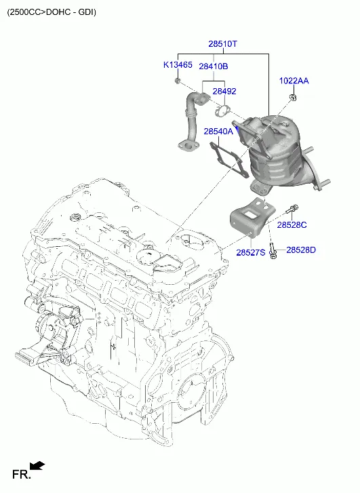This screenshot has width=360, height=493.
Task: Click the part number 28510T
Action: pos(222,43)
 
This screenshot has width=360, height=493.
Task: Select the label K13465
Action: pos(178,65)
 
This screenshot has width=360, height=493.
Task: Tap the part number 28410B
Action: pos(214,66)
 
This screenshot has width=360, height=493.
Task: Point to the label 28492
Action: pos(224,91)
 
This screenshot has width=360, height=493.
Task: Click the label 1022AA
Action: pos(294,81)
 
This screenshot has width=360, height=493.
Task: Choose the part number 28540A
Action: pos(218,131)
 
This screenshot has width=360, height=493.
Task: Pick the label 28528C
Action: pos(292,225)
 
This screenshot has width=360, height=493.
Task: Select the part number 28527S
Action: pos(251,252)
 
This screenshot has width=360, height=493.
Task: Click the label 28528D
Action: pos(301,250)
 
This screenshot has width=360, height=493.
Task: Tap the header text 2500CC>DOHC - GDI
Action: pos(52,12)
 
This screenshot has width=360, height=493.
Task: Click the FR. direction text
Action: pos(22,474)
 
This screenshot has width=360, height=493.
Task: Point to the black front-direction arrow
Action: pos(37,466)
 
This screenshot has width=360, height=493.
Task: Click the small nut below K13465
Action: pos(178,81)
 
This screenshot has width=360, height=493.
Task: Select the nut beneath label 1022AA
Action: pos(293,98)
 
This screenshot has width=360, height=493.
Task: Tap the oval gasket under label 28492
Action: pos(222,111)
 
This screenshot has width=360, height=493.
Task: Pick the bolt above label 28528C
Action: pos(292,208)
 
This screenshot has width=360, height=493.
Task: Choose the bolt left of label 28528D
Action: pos(273,252)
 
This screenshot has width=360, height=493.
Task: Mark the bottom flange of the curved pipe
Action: pos(188,146)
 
